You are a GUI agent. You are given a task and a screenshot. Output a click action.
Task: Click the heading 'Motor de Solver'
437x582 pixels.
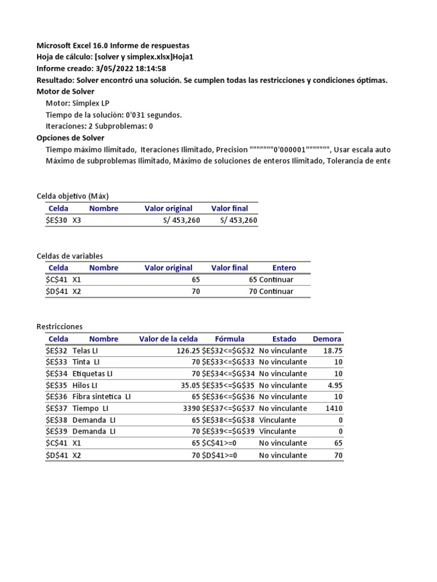(65, 92)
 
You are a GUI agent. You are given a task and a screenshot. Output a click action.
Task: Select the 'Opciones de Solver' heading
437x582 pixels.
(70, 138)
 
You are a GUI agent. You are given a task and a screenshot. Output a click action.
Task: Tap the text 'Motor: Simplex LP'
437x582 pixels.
(77, 103)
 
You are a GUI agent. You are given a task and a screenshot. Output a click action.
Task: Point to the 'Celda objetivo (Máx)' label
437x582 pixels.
(76, 196)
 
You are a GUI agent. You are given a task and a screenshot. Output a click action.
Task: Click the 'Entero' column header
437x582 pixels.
(284, 268)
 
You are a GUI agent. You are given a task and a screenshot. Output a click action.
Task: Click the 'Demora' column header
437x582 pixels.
(327, 339)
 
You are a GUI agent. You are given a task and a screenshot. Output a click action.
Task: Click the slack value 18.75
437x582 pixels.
(332, 351)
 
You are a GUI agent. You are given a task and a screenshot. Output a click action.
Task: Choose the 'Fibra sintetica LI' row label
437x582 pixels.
(101, 397)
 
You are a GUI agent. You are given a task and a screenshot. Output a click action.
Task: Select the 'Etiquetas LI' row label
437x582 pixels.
(92, 373)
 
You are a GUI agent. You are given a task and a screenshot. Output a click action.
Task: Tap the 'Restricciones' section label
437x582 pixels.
(59, 326)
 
